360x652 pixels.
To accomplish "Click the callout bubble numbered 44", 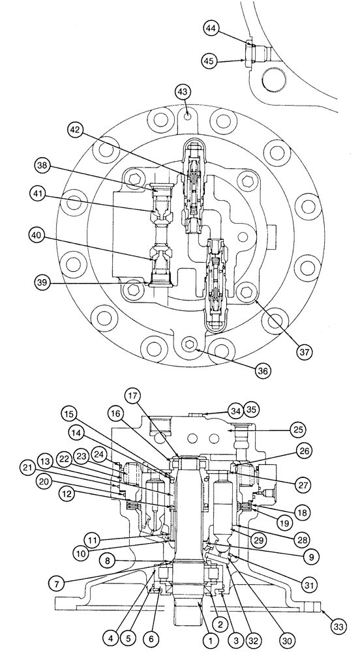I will tap(212, 30).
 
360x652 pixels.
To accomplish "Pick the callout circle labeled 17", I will tap(133, 395).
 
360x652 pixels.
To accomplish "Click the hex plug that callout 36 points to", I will tap(190, 344).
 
